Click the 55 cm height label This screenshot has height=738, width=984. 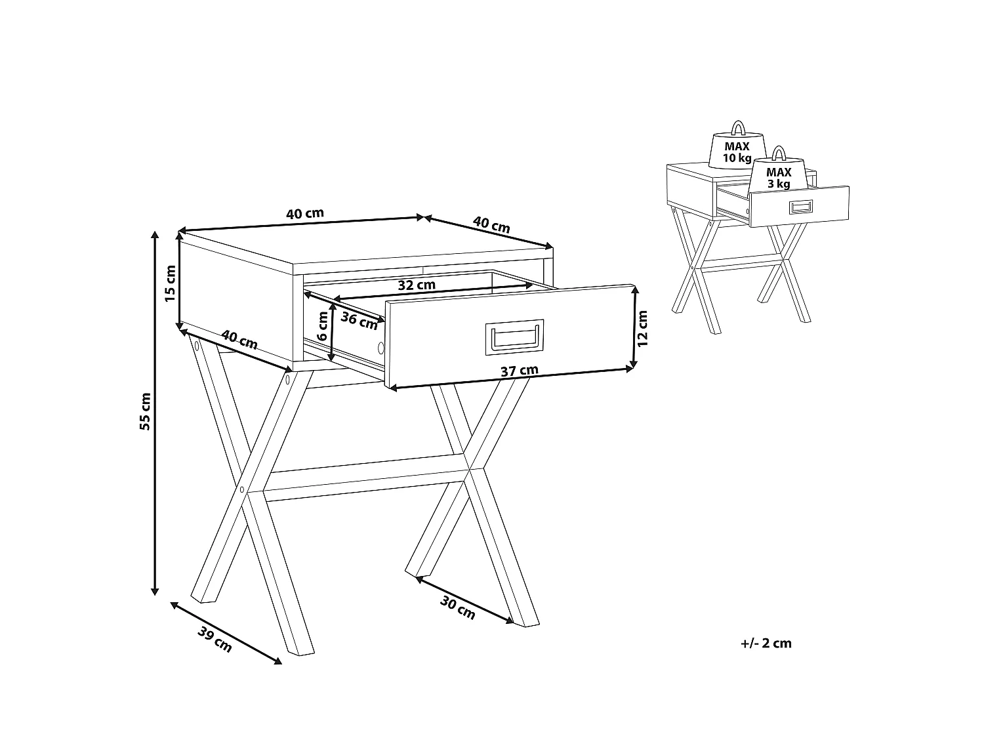click(145, 411)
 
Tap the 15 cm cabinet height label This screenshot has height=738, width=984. click(171, 283)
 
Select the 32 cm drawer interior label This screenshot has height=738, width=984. click(417, 285)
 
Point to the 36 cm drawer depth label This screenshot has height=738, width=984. click(359, 320)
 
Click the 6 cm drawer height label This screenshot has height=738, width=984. click(322, 326)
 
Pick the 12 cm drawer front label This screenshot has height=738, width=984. click(643, 328)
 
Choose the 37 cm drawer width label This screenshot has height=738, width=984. click(519, 371)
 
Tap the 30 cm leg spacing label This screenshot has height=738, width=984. click(457, 608)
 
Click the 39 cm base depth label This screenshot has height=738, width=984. click(215, 640)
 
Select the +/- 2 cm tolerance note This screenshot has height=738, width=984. click(766, 644)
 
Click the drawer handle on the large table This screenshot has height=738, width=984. click(514, 337)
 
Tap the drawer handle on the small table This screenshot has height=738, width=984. click(801, 207)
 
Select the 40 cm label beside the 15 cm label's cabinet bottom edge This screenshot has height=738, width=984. click(239, 340)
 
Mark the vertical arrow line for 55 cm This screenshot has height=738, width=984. click(155, 413)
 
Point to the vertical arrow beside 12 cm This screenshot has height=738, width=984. click(634, 327)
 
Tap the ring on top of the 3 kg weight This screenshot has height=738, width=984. click(779, 153)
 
